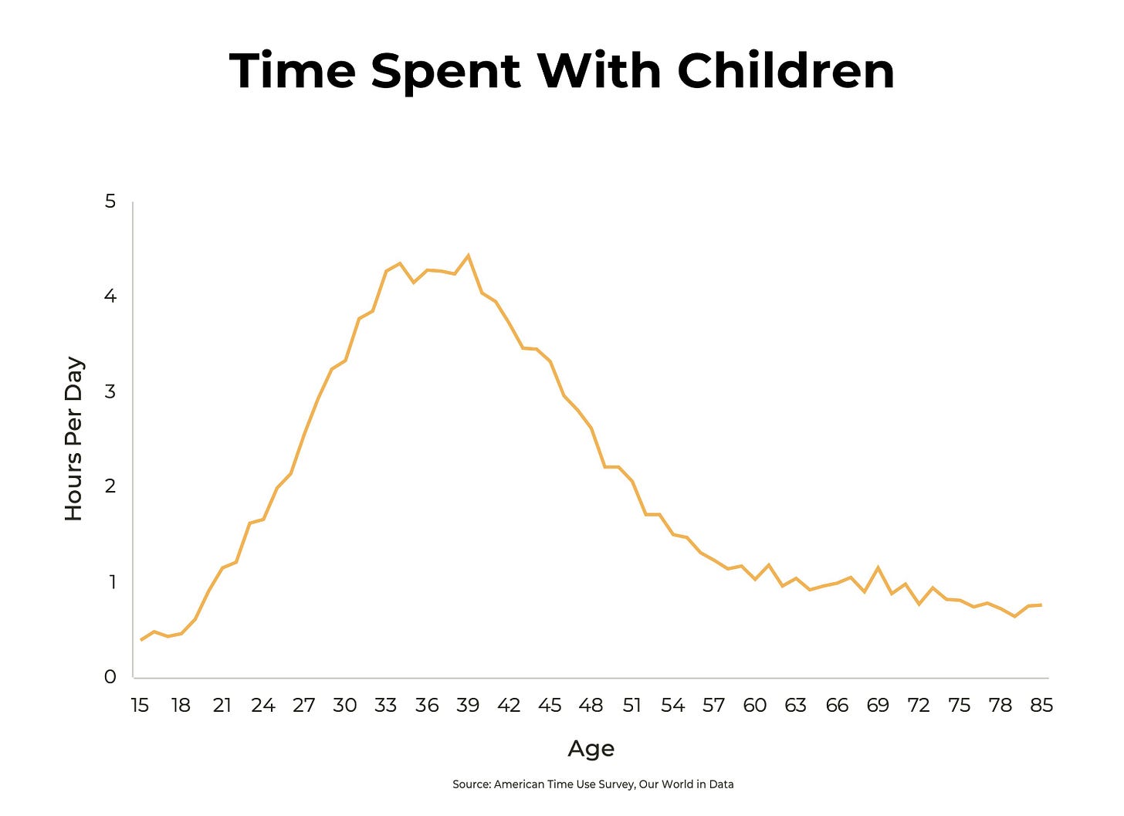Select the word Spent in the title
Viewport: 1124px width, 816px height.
tap(445, 71)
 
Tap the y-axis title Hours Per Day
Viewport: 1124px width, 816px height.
tap(74, 438)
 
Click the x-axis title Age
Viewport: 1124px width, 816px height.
tap(591, 748)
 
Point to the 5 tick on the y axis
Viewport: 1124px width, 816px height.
tap(110, 201)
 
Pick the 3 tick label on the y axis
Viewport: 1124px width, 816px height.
tap(110, 391)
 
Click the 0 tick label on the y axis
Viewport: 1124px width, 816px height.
tap(110, 677)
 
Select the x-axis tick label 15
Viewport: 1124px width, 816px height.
tap(140, 705)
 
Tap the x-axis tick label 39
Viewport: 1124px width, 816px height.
tap(468, 705)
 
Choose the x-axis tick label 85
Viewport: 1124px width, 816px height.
tap(1041, 705)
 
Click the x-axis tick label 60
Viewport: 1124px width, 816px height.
tap(755, 705)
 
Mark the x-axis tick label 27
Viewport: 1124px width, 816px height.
tap(304, 705)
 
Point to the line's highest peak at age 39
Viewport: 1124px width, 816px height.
tap(468, 256)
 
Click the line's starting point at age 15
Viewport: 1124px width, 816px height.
tap(141, 639)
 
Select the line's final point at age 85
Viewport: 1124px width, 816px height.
tap(1041, 604)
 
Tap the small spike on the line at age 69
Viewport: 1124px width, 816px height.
tap(878, 567)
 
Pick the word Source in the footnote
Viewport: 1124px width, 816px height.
tap(470, 784)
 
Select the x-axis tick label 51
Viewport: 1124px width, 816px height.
tap(632, 705)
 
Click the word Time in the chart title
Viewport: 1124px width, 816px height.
tap(293, 71)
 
